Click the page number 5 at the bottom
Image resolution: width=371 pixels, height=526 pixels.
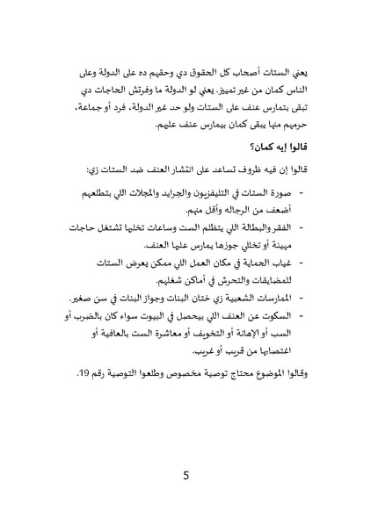[x=185, y=478]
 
